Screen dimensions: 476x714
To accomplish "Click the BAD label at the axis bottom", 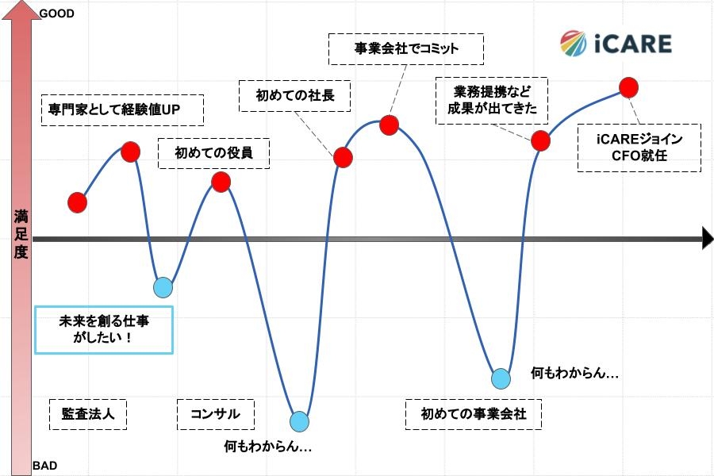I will tap(44, 466).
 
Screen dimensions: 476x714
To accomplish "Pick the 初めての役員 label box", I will tap(213, 152).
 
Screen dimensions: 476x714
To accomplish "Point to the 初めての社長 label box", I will tap(295, 96).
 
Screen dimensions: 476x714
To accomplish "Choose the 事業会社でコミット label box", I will tap(405, 48).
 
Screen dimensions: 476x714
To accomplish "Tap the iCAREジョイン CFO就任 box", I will tap(639, 148).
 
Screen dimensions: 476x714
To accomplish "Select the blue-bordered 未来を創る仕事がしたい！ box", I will tap(104, 329).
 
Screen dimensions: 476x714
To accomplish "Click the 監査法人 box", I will tap(88, 414).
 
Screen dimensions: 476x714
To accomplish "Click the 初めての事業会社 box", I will tap(473, 414).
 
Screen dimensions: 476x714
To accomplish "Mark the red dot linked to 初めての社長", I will tap(343, 157).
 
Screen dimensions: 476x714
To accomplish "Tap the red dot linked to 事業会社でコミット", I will tap(389, 125).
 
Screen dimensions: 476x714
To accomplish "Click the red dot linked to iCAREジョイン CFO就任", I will tap(628, 86).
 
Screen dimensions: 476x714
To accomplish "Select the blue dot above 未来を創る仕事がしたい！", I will tap(163, 287).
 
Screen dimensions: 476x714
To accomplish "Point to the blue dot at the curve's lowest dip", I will tap(299, 421).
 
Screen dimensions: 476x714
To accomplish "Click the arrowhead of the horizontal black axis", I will tap(708, 238).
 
